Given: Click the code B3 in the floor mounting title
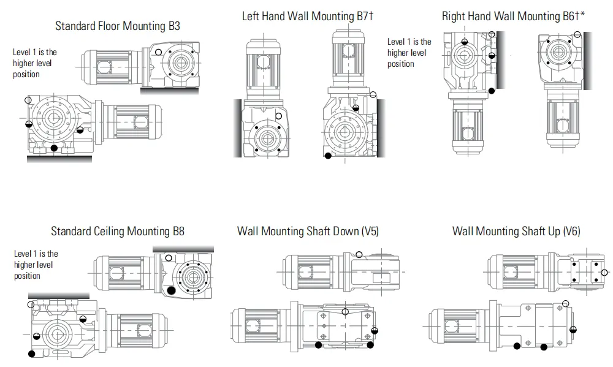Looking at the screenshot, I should [173, 26].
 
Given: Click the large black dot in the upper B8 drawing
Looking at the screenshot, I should [172, 290].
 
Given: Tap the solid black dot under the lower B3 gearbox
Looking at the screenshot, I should [54, 148].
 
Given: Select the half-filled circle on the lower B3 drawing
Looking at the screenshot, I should [29, 124].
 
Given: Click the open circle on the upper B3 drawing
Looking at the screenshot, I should [158, 52].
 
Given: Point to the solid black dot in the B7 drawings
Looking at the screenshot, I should [328, 156].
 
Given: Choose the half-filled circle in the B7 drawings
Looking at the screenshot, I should [357, 108].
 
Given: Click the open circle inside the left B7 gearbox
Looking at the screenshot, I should [279, 115].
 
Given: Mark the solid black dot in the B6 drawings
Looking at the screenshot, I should [492, 92].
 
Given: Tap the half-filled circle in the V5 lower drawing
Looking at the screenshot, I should [375, 331].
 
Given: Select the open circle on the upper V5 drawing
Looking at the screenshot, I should [359, 254].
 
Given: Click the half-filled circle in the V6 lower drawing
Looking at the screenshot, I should [573, 330].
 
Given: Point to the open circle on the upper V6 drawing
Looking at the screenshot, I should [604, 273].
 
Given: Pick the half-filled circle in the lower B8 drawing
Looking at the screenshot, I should [37, 336].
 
